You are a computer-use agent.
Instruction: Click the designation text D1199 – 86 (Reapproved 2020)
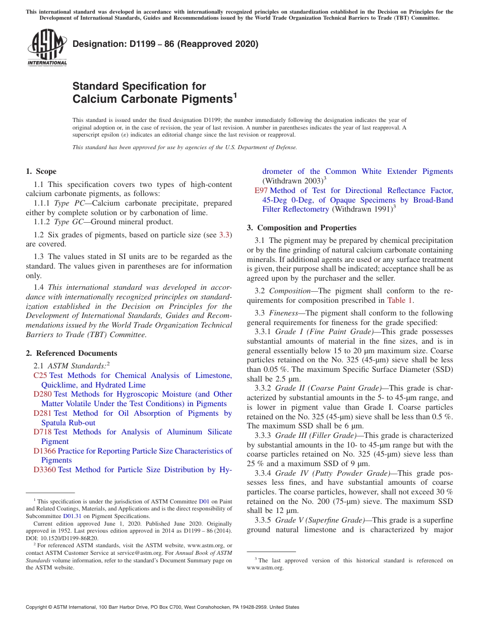[165, 44]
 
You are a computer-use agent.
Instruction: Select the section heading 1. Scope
[41, 171]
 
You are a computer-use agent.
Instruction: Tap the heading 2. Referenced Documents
[72, 353]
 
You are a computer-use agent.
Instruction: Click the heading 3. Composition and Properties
[302, 228]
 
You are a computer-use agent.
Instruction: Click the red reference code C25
[40, 375]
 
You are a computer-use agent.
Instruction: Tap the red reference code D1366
[44, 451]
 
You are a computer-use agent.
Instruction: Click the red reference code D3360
[44, 470]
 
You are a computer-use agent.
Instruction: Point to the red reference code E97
[261, 190]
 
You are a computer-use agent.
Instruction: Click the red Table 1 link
[399, 300]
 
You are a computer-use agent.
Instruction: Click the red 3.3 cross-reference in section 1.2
[224, 235]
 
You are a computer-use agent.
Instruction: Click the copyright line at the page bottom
[162, 607]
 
